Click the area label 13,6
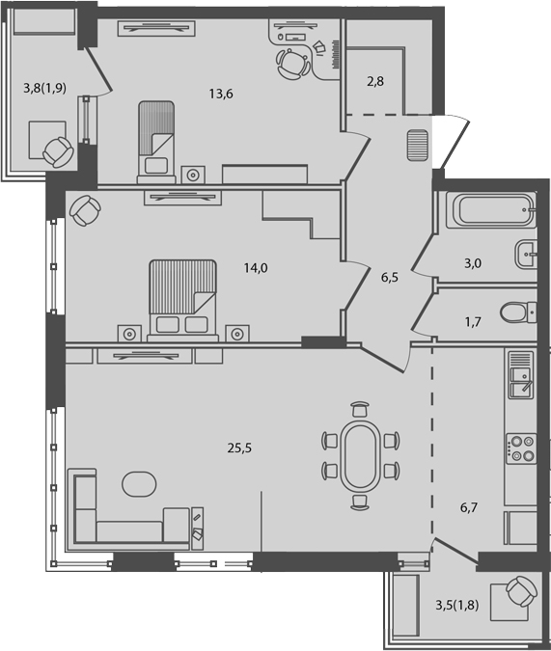point(220,95)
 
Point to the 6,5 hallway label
point(390,277)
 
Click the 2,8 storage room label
point(375,81)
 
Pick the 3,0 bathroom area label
point(474,260)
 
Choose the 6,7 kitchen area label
point(470,502)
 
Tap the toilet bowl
point(516,312)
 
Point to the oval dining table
point(360,455)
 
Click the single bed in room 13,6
point(156,138)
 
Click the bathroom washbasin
point(526,254)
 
